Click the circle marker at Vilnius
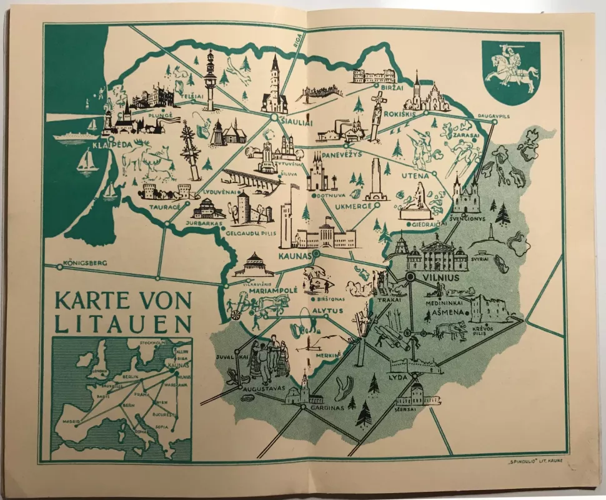coord(410,276)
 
